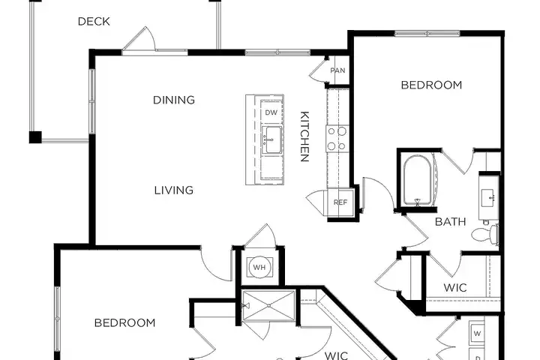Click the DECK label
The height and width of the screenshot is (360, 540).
pyautogui.click(x=94, y=21)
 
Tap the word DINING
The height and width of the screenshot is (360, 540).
pyautogui.click(x=174, y=100)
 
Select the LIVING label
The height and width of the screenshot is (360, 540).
pyautogui.click(x=174, y=190)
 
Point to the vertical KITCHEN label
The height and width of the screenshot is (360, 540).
pyautogui.click(x=304, y=136)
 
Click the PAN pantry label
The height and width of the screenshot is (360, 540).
pyautogui.click(x=337, y=70)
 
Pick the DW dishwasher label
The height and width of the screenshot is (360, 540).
pyautogui.click(x=271, y=112)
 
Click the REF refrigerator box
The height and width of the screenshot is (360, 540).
pyautogui.click(x=340, y=202)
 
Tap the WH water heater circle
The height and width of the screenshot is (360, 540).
pyautogui.click(x=259, y=267)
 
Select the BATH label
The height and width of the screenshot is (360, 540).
pyautogui.click(x=451, y=221)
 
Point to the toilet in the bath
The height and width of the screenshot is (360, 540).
pyautogui.click(x=484, y=235)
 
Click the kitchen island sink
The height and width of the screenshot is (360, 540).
pyautogui.click(x=272, y=139)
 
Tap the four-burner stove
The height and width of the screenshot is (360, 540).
pyautogui.click(x=337, y=139)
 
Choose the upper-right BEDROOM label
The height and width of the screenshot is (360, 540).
pyautogui.click(x=431, y=85)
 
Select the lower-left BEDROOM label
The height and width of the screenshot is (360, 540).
pyautogui.click(x=124, y=322)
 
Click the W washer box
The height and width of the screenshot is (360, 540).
pyautogui.click(x=477, y=334)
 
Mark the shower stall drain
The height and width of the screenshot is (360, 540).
pyautogui.click(x=268, y=305)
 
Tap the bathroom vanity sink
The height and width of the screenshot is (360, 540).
pyautogui.click(x=488, y=198)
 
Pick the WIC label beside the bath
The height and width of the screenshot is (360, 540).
pyautogui.click(x=455, y=288)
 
